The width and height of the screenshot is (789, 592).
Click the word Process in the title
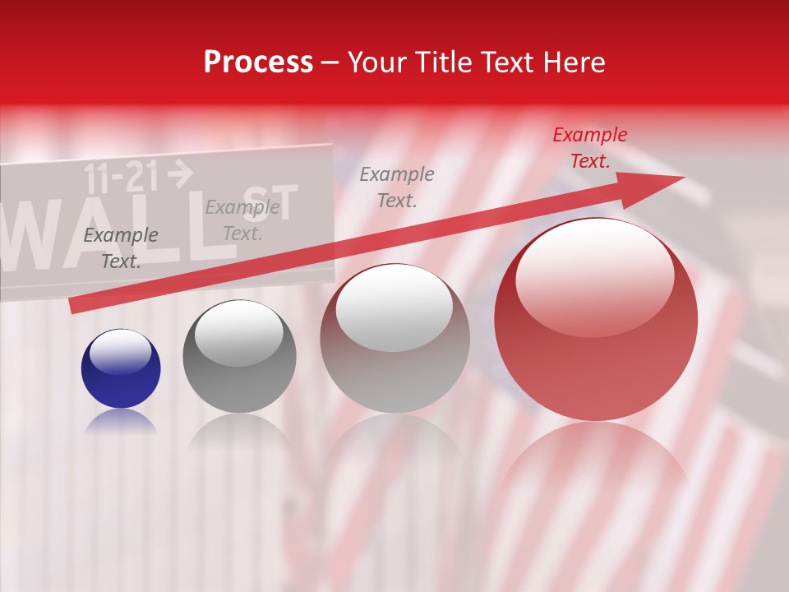pyautogui.click(x=258, y=62)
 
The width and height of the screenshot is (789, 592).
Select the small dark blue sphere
pyautogui.click(x=121, y=368)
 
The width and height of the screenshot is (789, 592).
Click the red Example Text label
pyautogui.click(x=589, y=148)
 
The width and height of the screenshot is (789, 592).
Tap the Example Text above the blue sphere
pyautogui.click(x=121, y=248)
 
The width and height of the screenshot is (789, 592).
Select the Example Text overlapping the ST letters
pyautogui.click(x=242, y=220)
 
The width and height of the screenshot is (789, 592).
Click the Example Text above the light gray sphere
pyautogui.click(x=397, y=187)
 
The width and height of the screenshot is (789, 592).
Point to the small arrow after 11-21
pyautogui.click(x=180, y=173)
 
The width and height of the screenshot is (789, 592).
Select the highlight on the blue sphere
pyautogui.click(x=121, y=351)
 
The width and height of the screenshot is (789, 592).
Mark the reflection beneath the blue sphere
pyautogui.click(x=121, y=421)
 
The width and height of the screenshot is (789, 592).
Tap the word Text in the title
pyautogui.click(x=506, y=62)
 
